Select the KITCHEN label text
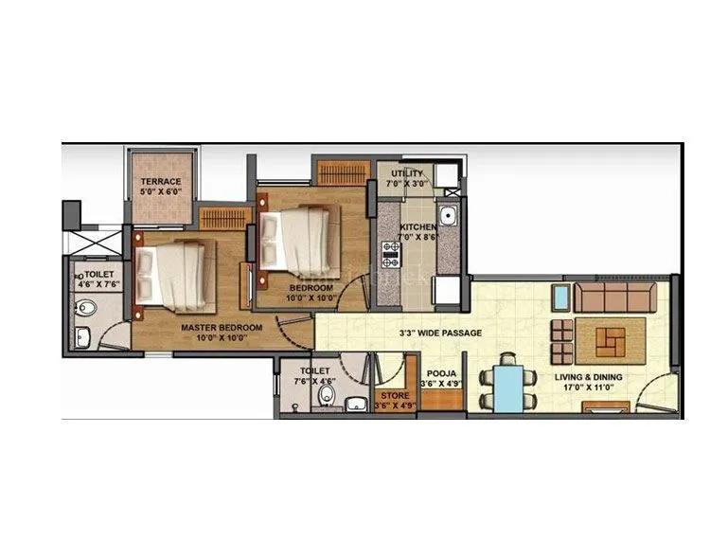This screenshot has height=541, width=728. click(417, 228)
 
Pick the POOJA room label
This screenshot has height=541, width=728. click(442, 374)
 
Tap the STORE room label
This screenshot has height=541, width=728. click(393, 396)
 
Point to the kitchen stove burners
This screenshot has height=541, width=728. click(391, 253)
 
